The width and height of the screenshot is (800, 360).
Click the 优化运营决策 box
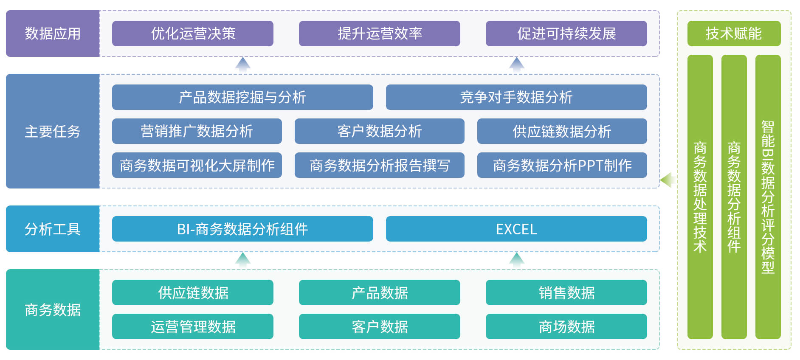(192, 34)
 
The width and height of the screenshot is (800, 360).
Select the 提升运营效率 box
(379, 34)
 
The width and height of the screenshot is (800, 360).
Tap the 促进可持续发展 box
(566, 34)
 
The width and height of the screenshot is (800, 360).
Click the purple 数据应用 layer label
(53, 34)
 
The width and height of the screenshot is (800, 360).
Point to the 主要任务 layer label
(53, 131)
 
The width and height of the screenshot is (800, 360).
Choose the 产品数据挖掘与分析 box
(242, 97)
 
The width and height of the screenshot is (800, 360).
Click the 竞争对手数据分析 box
(516, 97)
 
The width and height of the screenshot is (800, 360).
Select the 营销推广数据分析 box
(197, 131)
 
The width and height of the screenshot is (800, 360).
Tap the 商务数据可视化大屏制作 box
(197, 165)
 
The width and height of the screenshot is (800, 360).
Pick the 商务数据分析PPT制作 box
(562, 165)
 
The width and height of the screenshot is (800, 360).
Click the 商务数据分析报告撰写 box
(379, 165)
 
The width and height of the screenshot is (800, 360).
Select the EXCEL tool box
(516, 229)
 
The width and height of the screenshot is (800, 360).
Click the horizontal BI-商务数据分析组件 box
(242, 229)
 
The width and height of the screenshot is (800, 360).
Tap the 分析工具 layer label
(53, 229)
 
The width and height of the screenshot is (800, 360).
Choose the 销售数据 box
(566, 292)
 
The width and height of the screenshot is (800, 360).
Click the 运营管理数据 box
(192, 326)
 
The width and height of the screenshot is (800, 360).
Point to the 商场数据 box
(566, 326)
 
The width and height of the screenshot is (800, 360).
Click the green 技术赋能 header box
(734, 34)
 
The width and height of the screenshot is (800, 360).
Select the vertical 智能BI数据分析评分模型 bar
(768, 197)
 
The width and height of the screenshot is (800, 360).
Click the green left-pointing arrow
(667, 180)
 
